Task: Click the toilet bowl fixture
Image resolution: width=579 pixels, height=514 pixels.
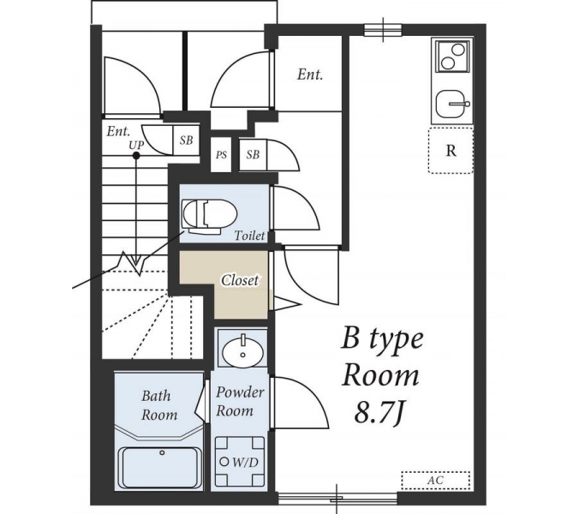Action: click(209, 217)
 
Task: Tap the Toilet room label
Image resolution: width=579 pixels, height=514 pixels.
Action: click(250, 236)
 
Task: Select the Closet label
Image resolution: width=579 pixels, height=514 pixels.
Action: click(240, 280)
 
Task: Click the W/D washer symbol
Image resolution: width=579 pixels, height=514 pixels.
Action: click(240, 461)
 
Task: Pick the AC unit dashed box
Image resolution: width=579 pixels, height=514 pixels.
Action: click(436, 481)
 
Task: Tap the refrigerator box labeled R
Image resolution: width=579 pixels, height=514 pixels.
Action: click(451, 150)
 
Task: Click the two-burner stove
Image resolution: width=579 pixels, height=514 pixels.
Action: click(453, 57)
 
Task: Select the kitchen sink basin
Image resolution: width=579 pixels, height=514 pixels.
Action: click(451, 105)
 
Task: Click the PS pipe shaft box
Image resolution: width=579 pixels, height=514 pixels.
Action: click(221, 154)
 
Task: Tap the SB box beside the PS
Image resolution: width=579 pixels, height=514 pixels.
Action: click(253, 154)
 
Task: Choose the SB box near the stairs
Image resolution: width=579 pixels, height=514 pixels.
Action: click(187, 140)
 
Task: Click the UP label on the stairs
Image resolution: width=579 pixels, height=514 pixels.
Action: click(136, 145)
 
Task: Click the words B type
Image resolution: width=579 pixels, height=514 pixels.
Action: click(381, 340)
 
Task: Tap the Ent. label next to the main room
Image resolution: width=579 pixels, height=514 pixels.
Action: click(310, 75)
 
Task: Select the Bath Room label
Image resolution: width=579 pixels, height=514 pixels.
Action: click(159, 405)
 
